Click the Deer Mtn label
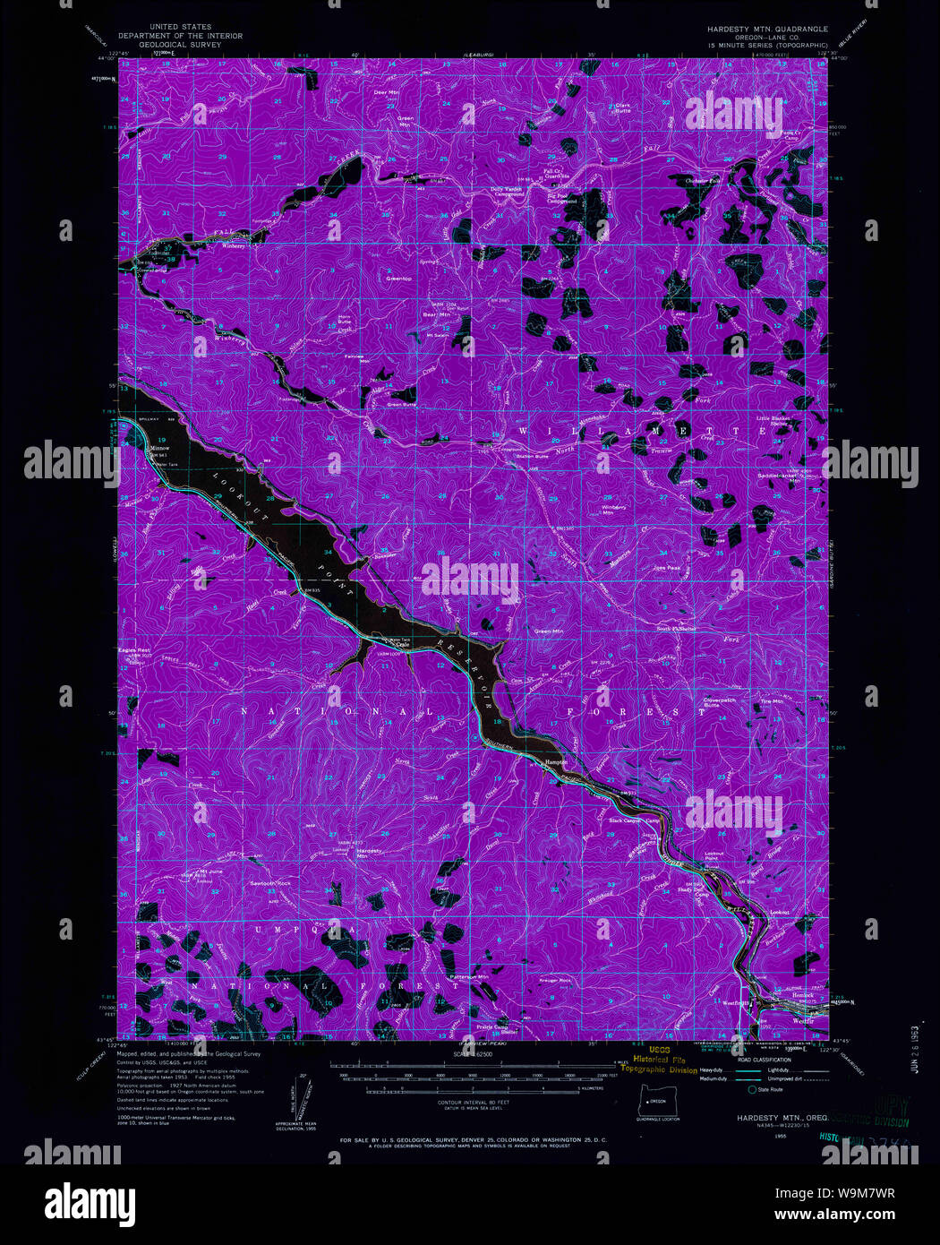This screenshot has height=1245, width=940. click(x=386, y=92)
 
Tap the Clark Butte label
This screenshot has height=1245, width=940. click(x=624, y=107)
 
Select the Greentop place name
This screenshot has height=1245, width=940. click(x=398, y=279)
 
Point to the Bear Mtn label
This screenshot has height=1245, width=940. click(x=435, y=314)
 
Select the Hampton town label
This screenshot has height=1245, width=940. click(x=557, y=762)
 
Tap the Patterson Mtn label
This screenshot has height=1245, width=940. click(x=469, y=976)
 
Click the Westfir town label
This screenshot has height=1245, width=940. click(x=802, y=1021)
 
